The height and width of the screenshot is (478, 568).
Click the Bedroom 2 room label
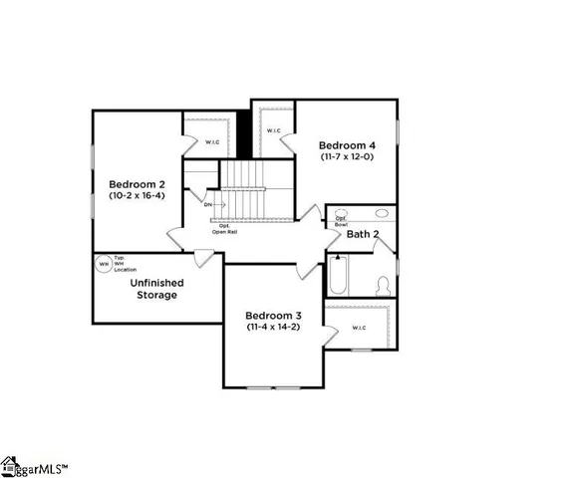tap(138, 184)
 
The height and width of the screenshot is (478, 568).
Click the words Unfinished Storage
tap(154, 288)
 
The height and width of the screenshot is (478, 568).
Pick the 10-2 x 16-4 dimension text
tap(138, 197)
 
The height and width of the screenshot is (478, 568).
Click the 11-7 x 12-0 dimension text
tap(347, 156)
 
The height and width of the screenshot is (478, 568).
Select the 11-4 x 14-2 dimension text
tap(275, 327)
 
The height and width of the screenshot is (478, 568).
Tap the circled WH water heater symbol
tap(103, 264)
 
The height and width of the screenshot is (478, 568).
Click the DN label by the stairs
tap(207, 205)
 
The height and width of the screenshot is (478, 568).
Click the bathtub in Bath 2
tap(337, 275)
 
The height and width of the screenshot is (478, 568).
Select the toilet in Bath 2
tap(382, 285)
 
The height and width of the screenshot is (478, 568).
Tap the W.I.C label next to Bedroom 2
tap(212, 141)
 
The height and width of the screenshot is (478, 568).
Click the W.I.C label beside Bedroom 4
tap(274, 130)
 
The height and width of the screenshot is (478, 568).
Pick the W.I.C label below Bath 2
tap(360, 328)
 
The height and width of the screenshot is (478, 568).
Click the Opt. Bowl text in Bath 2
tap(341, 222)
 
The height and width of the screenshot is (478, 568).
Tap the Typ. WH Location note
tap(126, 264)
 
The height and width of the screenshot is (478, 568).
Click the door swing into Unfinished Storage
tap(202, 256)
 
